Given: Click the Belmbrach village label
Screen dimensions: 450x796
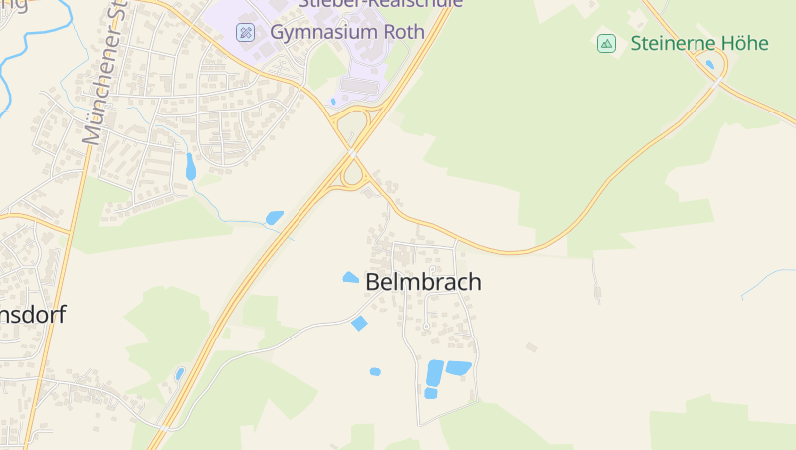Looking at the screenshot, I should coord(423,282).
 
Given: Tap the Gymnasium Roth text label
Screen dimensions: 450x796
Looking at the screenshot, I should coord(347,32).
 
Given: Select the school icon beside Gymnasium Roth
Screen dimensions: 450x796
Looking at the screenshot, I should coord(246,32).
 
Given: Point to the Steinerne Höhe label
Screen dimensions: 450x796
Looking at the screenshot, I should coord(698,43).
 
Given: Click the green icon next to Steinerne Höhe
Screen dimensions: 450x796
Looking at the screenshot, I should coord(606,43).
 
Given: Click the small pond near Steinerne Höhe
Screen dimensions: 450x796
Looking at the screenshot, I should coord(709,65).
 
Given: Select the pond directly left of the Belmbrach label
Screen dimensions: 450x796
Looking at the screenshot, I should coord(350,278).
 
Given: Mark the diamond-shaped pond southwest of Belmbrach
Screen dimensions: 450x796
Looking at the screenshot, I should coord(359,323).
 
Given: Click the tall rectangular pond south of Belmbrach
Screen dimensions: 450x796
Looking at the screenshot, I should coord(435,373).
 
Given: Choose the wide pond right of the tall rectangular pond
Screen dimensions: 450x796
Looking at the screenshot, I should coord(459,368).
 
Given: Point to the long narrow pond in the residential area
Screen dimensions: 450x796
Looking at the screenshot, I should coord(190,166).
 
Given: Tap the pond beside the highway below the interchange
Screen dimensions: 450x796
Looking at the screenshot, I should coord(274,217).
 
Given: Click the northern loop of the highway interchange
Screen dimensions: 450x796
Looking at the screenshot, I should coord(351,126).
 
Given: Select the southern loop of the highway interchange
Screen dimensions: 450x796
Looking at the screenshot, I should coord(352,176).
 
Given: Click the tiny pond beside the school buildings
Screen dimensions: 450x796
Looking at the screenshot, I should coord(333,101).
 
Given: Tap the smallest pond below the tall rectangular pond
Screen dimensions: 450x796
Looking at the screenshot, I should coord(431,394).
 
